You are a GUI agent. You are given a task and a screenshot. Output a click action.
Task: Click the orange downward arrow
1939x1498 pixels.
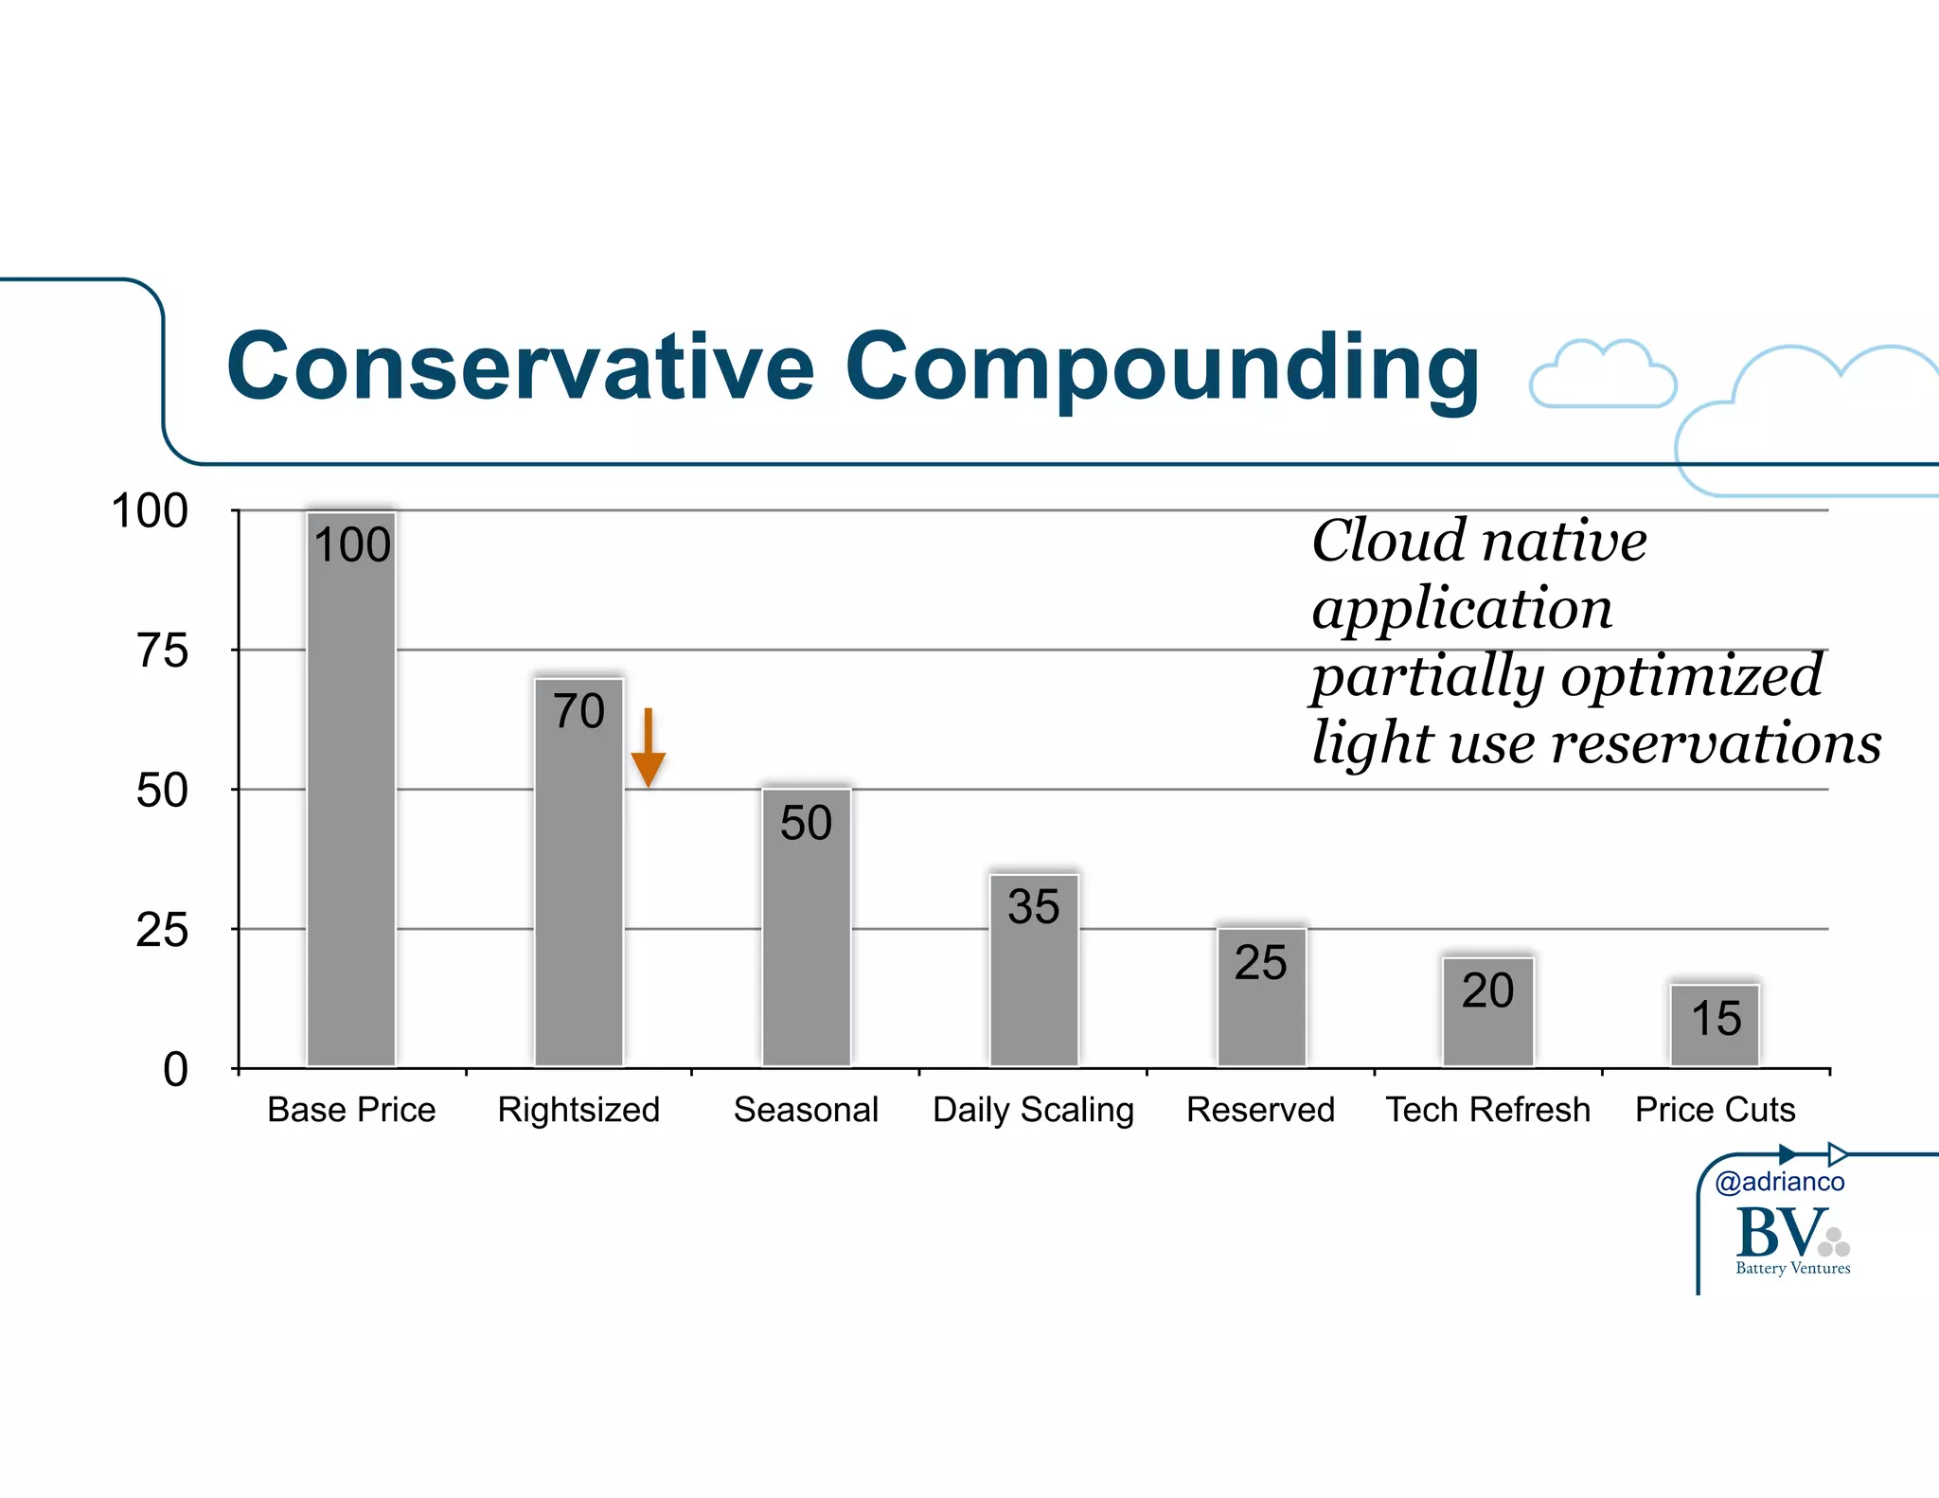point(649,748)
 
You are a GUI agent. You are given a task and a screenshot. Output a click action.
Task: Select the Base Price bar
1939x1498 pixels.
point(351,805)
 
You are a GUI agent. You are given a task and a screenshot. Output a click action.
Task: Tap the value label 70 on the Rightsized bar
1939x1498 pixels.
point(578,711)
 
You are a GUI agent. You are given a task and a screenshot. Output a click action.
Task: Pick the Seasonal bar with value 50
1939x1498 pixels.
point(806,937)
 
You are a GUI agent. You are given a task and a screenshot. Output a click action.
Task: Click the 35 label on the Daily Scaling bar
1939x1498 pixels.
point(1033,906)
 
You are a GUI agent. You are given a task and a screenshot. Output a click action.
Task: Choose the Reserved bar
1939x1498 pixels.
point(1261,1004)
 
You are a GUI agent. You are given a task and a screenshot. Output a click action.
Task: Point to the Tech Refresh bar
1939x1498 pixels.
point(1487,1018)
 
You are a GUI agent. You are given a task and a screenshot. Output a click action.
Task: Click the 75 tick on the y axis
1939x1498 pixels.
point(162,651)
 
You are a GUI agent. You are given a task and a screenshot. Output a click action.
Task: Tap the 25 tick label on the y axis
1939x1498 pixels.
point(162,930)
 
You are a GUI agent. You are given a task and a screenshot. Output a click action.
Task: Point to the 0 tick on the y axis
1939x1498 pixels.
point(175,1070)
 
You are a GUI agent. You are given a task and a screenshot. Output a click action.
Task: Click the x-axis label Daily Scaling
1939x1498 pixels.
point(1033,1110)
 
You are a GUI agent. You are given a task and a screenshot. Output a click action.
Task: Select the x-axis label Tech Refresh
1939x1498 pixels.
point(1487,1110)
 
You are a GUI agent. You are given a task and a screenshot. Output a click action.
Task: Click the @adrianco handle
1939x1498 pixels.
point(1779,1182)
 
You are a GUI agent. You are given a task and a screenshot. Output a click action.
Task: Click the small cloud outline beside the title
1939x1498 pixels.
point(1603,376)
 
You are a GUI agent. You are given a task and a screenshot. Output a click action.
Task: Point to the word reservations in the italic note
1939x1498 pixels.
point(1716,742)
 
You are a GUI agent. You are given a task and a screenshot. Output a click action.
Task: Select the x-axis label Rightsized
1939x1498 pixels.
point(578,1110)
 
